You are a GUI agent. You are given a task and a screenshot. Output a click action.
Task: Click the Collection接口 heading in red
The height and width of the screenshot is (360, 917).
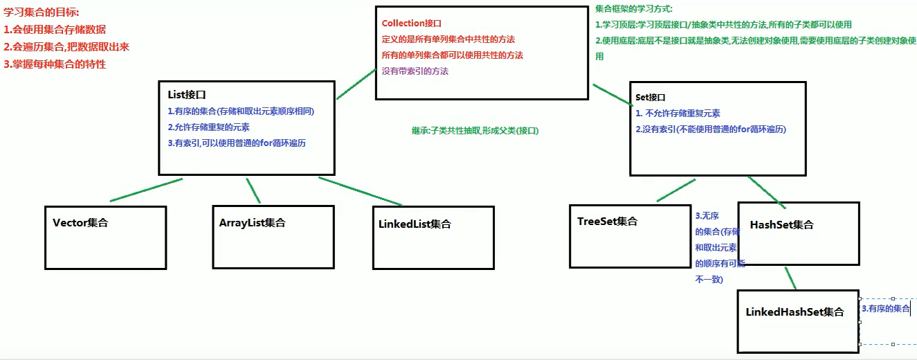pos(411,24)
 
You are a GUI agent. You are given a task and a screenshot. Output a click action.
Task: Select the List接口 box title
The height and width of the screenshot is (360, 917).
pos(187,95)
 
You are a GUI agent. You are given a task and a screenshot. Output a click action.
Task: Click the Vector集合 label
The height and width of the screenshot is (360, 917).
pos(80,223)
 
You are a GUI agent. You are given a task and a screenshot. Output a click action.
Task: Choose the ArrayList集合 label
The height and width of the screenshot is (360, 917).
pos(252,223)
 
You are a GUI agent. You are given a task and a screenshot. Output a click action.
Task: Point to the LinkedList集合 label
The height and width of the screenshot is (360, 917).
pos(415,224)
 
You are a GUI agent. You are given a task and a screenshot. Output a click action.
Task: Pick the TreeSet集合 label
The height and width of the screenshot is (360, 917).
pos(607,222)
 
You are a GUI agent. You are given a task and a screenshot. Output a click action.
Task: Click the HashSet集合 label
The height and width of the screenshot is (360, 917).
pos(781,225)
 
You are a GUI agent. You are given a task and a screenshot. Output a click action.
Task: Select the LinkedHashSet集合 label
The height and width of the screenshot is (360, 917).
pos(795,312)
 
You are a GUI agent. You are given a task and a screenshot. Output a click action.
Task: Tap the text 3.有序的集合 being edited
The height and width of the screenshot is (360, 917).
pos(885,308)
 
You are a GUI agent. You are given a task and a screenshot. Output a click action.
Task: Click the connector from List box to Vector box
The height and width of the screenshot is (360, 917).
pos(146,190)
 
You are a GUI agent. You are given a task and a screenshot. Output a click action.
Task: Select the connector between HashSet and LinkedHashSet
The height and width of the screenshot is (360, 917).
pos(790,277)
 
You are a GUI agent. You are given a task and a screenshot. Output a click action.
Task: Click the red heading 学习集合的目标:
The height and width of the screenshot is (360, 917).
pos(42,12)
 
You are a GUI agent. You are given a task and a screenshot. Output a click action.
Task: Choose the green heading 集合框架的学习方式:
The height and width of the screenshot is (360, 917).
pos(633,9)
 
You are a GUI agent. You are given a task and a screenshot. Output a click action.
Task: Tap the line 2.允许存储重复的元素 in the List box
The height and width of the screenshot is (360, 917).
pos(208,127)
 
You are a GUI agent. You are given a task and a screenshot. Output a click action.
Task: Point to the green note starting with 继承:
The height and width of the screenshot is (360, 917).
pos(474,130)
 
